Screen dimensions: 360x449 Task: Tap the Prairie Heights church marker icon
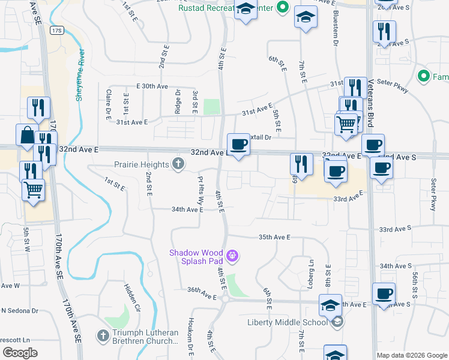(x=178, y=164)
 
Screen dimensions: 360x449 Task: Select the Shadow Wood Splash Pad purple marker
(x=233, y=257)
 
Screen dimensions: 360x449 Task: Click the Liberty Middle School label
(x=288, y=322)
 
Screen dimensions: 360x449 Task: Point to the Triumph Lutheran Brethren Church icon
(x=103, y=334)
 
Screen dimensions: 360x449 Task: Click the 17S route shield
(x=57, y=29)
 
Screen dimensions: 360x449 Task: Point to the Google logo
(x=20, y=352)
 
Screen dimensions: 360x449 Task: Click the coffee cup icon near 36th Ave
(x=384, y=294)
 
